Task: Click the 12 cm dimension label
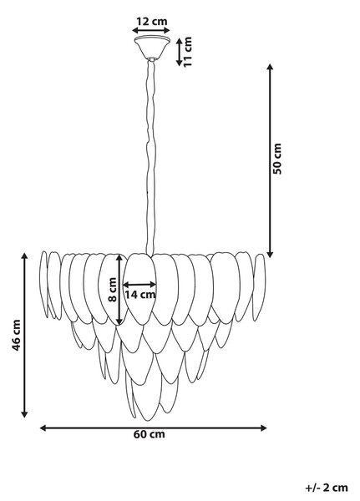[x=151, y=22]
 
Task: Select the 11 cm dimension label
[x=188, y=52]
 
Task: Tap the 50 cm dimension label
[x=276, y=159]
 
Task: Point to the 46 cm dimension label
[x=16, y=335]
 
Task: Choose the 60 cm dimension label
[x=150, y=434]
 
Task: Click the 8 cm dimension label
[x=112, y=290]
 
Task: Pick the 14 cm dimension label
[x=140, y=295]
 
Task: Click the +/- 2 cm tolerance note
[x=327, y=488]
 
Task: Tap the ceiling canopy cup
[x=152, y=48]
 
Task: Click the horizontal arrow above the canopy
[x=151, y=30]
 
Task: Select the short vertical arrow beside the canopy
[x=179, y=52]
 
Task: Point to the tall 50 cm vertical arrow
[x=270, y=160]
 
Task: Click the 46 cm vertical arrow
[x=24, y=336]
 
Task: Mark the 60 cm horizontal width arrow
[x=153, y=428]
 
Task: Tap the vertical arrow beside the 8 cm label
[x=119, y=290]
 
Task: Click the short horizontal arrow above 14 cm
[x=139, y=285]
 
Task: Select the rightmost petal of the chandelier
[x=259, y=287]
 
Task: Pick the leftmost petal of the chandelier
[x=43, y=284]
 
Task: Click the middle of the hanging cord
[x=150, y=158]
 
